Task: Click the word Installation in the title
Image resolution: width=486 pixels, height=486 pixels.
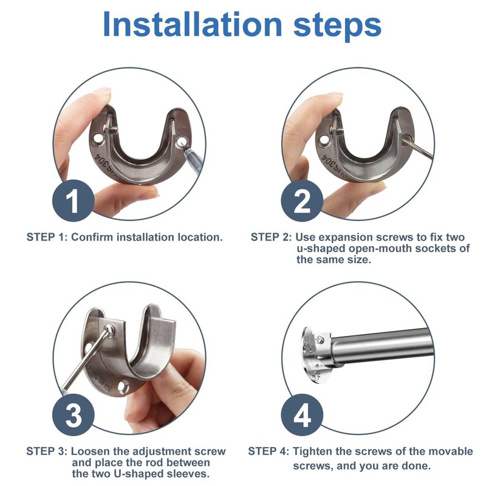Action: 193,24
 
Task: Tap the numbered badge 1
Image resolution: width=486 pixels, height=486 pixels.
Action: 73,200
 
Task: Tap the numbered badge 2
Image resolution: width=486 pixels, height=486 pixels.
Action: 302,200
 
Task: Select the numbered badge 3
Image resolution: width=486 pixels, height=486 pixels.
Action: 73,415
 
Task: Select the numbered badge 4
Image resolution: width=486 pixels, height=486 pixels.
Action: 302,415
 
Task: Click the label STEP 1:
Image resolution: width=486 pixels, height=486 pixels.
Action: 47,237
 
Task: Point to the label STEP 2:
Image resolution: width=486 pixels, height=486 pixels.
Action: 271,237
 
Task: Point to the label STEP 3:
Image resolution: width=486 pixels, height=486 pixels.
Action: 47,451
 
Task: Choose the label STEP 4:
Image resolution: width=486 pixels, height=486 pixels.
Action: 269,451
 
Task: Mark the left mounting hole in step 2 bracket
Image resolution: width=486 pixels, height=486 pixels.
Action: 324,140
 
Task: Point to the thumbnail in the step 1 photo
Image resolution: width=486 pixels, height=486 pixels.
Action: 102,92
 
